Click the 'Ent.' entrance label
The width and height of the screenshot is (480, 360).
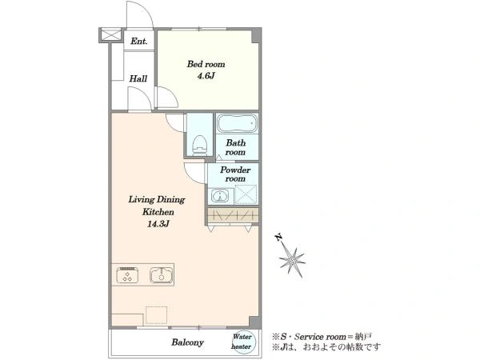coord(139,41)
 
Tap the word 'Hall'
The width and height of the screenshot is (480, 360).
coord(138,78)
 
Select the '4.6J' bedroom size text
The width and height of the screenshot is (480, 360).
coord(206,76)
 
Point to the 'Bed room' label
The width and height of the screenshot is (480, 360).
coord(206,64)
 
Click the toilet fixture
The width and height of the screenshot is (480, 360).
coord(199,145)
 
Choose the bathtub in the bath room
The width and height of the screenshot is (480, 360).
coord(238,123)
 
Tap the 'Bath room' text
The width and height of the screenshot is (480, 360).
coord(236,147)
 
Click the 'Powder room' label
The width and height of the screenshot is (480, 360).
coord(235,174)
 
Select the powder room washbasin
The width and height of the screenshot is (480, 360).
coord(219,196)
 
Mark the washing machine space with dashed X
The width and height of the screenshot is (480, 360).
coord(246,194)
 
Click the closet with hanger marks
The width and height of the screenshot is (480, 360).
coord(233,216)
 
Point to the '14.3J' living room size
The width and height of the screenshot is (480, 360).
coord(158,224)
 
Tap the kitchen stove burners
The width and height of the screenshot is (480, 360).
coord(127,274)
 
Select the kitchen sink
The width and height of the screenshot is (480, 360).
coord(162,274)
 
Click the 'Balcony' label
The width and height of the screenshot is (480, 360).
coord(187,342)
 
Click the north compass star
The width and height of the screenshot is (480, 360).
coord(292,261)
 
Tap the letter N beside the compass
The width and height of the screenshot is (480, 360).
coord(278,238)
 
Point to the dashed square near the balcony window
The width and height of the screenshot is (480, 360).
coord(157,314)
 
